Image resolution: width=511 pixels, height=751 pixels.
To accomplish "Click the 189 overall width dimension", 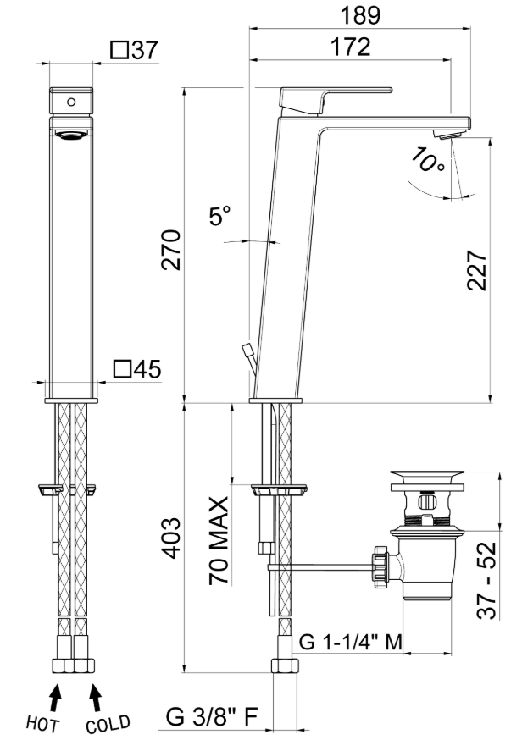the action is pos(360,15).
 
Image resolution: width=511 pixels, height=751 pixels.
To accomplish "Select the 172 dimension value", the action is pos(351,47).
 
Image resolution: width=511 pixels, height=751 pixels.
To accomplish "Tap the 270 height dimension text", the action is pos(170,250).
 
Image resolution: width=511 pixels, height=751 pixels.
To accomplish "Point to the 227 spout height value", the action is pos(476,270).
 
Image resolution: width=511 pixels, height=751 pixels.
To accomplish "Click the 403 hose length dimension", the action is pos(170,538).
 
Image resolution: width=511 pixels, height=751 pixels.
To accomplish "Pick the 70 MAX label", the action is pos(219,540).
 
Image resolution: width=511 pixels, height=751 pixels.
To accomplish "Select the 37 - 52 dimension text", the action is pos(486,581).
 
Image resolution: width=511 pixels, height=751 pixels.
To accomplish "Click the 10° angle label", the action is pos(428,160).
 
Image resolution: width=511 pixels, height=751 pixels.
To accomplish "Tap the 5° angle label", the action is pos(220,216).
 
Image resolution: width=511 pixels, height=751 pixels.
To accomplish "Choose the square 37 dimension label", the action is pos(134,50).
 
